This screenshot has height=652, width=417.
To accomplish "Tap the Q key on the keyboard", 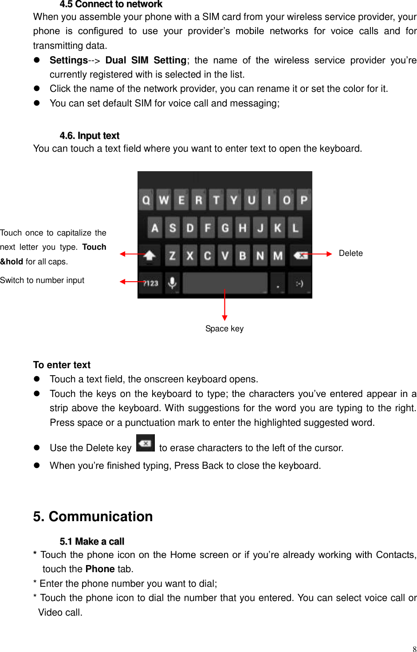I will (146, 200).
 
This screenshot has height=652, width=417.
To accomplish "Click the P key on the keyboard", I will (304, 200).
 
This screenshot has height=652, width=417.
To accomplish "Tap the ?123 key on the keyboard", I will (150, 283).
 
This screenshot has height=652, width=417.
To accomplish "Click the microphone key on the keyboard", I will (172, 283).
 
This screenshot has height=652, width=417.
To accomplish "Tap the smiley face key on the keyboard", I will (300, 283).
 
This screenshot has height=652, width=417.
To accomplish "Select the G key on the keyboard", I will (225, 228).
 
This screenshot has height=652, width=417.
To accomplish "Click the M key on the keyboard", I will (278, 255).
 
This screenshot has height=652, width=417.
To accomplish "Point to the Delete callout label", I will (350, 253).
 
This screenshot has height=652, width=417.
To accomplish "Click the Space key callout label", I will (224, 329).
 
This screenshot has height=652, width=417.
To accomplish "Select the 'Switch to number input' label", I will (42, 280).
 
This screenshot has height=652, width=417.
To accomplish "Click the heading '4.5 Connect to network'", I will (111, 4).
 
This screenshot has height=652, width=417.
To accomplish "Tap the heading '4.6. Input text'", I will (90, 136).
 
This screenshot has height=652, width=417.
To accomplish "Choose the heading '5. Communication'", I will (93, 517).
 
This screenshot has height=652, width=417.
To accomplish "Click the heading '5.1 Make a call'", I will (92, 542).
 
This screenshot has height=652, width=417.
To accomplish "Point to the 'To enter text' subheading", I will (62, 365).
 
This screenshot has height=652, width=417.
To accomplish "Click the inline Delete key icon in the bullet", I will (145, 443).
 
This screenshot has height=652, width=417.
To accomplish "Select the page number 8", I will (414, 649).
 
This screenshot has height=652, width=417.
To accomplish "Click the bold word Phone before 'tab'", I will (100, 569).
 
